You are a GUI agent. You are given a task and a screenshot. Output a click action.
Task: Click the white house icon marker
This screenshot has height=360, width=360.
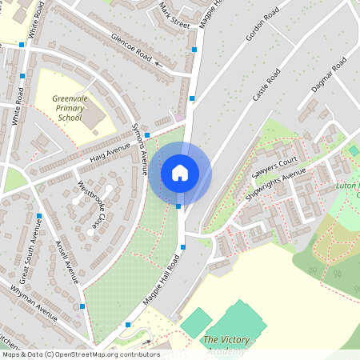click(180, 172)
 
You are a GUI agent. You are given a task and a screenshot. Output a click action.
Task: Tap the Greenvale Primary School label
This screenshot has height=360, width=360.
click(70, 107)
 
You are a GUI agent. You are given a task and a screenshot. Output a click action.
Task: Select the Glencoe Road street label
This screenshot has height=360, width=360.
click(131, 47)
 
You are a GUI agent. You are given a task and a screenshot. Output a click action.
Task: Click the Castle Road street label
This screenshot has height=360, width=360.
click(266, 85)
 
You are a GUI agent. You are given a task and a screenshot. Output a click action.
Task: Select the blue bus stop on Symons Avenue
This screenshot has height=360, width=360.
click(146, 135)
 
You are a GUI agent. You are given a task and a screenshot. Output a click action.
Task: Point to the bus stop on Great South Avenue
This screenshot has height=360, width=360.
click(38, 216)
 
